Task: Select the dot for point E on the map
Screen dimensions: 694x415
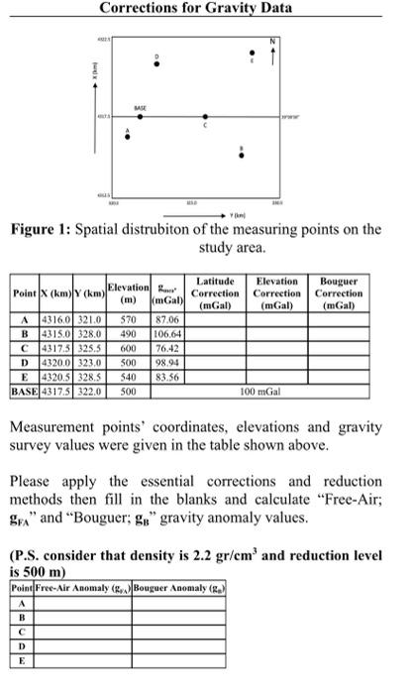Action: [251, 53]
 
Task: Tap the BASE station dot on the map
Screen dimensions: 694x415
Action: [140, 117]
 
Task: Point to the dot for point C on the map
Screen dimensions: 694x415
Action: [205, 117]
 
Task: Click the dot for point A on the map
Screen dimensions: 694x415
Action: [127, 137]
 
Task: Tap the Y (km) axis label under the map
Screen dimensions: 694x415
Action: [239, 211]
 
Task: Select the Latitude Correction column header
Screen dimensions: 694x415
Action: [215, 294]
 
